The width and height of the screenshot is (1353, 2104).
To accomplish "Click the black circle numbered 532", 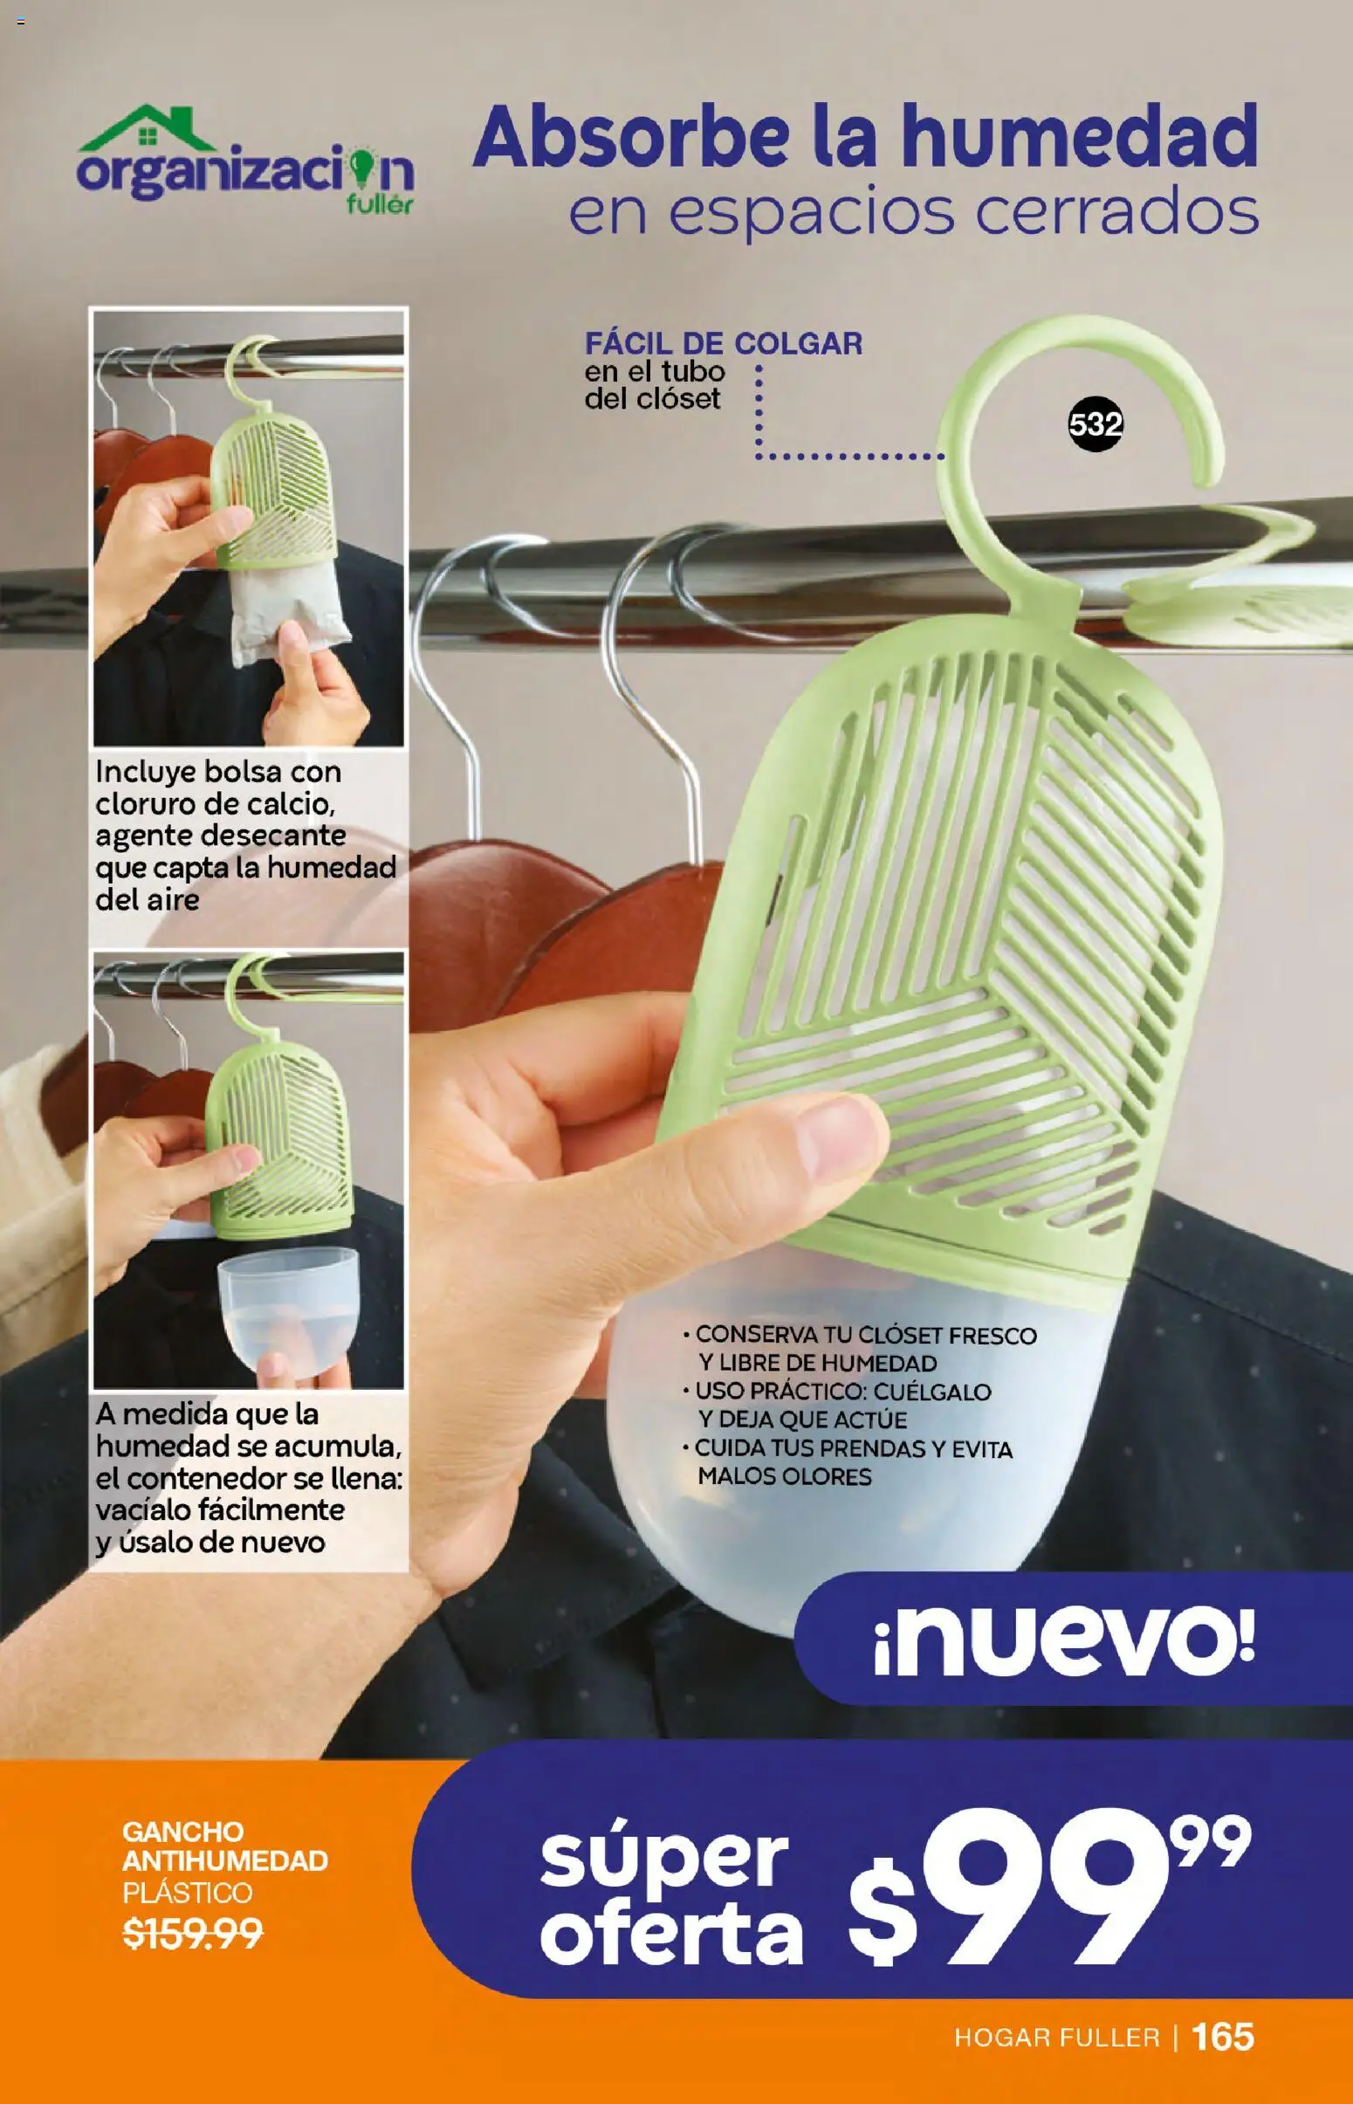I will (1095, 425).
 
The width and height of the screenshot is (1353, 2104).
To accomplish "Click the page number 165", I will (1223, 2037).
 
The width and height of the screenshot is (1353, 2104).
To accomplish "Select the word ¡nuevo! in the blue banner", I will (1064, 1640).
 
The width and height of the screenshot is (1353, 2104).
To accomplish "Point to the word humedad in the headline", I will (1080, 138).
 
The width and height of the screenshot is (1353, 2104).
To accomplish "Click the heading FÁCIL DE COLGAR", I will (723, 343).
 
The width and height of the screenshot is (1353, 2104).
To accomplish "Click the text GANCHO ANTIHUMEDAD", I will (225, 1846).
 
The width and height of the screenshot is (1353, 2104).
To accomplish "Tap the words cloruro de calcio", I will (215, 804).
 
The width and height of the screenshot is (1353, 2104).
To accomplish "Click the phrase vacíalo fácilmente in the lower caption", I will (220, 1509).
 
